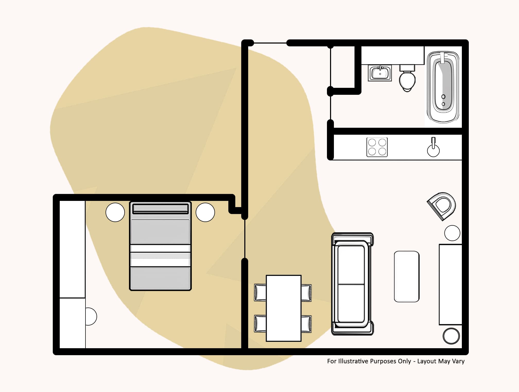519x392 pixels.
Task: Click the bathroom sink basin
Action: point(380,73)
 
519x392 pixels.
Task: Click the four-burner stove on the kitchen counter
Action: point(377,147)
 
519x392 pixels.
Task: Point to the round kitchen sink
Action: point(433,150)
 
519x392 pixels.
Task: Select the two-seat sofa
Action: point(352,284)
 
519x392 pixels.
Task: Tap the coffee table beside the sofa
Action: point(406,276)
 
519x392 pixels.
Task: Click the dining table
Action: point(283,308)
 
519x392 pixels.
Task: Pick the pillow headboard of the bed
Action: point(160,209)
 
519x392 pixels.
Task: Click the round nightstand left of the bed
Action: point(115,212)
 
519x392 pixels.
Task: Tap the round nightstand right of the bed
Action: point(205,212)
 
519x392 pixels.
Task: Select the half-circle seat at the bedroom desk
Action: point(91,316)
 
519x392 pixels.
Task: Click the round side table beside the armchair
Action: point(452,233)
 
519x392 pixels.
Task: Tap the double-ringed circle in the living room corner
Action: point(451,336)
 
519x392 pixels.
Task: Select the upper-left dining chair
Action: point(260,293)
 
